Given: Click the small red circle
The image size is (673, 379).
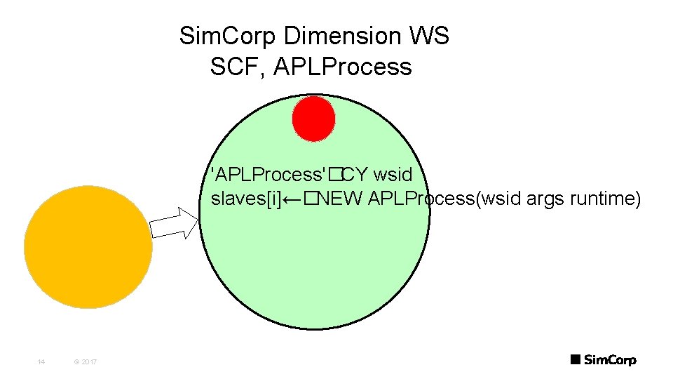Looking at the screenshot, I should [313, 118].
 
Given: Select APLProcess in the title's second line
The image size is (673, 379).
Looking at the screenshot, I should [343, 67].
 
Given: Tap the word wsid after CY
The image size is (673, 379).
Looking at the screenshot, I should [393, 173].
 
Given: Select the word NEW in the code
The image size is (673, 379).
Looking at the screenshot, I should [340, 199].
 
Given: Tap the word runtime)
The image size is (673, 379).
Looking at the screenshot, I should [604, 199].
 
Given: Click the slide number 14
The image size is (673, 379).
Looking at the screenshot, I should [41, 361].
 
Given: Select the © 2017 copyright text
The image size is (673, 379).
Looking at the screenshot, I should [85, 361].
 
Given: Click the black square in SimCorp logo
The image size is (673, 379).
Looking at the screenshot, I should [575, 360].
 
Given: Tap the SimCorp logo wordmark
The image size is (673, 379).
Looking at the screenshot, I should [610, 360].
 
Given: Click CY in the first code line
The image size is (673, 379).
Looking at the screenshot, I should [356, 173].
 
